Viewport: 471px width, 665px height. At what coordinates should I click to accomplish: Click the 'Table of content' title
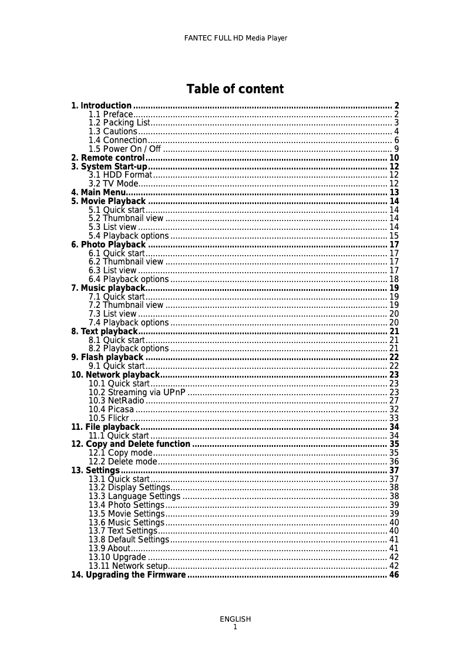[x=235, y=89]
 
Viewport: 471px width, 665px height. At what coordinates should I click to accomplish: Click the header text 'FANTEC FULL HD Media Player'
[x=235, y=38]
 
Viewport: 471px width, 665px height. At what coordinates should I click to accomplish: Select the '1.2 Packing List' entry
[x=119, y=123]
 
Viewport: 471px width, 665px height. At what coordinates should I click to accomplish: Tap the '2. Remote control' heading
[x=108, y=158]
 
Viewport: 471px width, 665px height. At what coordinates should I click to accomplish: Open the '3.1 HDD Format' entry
[x=120, y=175]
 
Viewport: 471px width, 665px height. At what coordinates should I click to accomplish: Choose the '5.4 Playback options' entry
[x=129, y=236]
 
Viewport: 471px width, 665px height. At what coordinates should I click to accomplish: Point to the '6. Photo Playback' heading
[x=109, y=245]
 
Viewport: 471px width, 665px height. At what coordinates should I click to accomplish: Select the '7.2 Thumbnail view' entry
[x=126, y=305]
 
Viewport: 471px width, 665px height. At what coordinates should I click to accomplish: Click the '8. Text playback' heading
[x=104, y=331]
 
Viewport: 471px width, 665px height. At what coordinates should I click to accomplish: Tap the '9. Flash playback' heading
[x=107, y=357]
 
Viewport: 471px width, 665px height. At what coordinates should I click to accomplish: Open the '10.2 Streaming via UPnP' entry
[x=137, y=392]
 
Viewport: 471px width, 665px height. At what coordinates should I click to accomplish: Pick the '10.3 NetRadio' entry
[x=116, y=401]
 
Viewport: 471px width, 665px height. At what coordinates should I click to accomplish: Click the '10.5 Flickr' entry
[x=109, y=418]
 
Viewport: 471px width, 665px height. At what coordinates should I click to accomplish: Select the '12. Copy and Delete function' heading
[x=131, y=444]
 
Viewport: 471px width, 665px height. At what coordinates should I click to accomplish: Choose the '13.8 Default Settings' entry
[x=129, y=540]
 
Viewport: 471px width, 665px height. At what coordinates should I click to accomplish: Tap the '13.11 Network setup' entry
[x=128, y=566]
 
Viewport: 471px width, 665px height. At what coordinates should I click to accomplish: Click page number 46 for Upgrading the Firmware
[x=394, y=575]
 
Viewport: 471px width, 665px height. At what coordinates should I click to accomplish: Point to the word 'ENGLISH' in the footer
[x=235, y=619]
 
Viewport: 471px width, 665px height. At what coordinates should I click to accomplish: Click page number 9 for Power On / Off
[x=396, y=149]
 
